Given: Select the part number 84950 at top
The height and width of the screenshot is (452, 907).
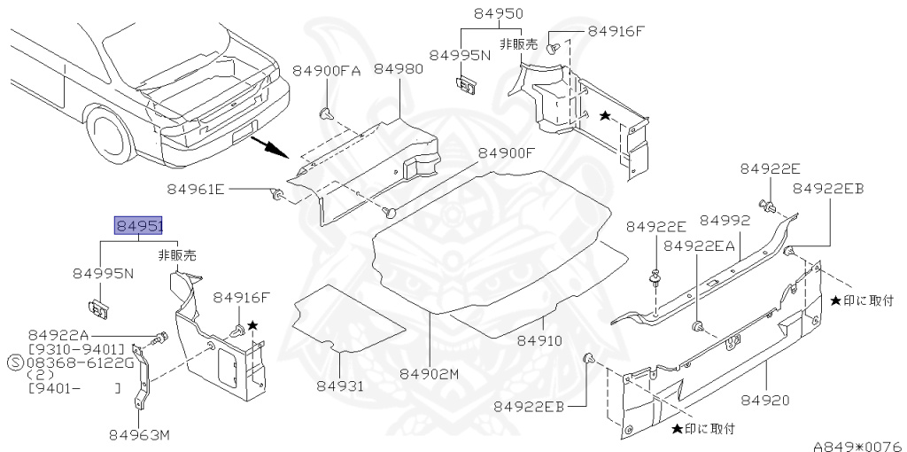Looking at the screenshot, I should click(498, 14).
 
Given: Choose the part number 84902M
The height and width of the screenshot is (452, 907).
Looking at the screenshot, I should click(429, 374).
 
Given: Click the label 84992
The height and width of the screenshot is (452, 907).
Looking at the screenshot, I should click(725, 220).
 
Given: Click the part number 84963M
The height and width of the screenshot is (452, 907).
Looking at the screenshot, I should click(139, 434).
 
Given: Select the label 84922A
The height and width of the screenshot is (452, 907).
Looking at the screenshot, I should click(58, 335).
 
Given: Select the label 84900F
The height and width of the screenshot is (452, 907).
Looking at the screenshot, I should click(507, 152).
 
